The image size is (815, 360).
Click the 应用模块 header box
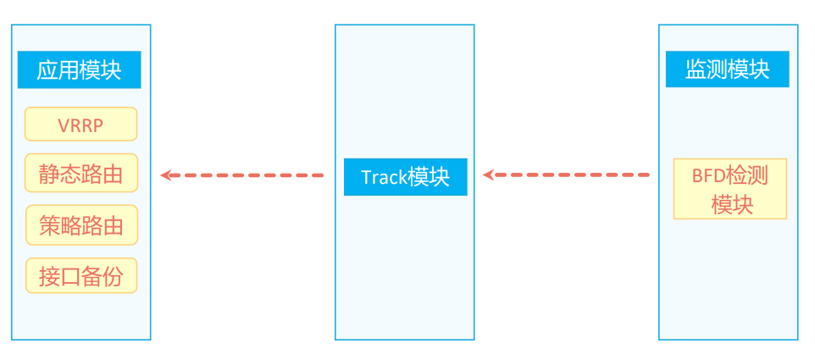pos(79,69)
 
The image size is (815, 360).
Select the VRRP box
pos(80,124)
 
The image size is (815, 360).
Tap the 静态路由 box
pos(80,174)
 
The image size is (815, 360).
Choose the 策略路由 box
pos(80,225)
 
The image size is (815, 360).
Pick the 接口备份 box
pos(80,276)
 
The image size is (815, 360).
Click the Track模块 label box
pos(405,177)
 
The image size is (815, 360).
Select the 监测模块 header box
pos(727,69)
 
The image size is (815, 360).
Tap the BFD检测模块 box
pos(729,189)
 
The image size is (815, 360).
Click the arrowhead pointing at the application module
pos(167,175)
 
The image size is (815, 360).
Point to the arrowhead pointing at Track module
pos(489,175)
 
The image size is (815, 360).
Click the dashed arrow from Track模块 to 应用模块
pos(246,175)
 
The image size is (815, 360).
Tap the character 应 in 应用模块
pos(47,69)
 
